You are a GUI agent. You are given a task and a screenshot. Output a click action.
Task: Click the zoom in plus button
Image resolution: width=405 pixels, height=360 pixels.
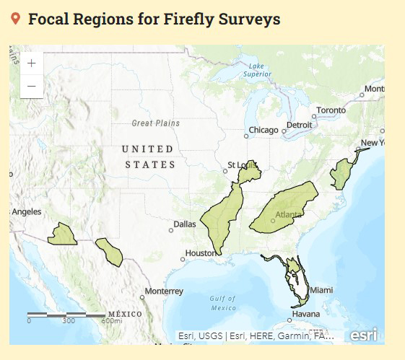tap(32, 63)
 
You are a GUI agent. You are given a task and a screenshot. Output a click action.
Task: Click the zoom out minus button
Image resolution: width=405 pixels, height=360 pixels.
tap(32, 86)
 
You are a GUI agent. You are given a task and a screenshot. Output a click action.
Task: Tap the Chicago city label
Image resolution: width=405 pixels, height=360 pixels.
tap(263, 131)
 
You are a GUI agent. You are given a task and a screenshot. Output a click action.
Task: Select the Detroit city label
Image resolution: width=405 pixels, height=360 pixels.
tap(299, 125)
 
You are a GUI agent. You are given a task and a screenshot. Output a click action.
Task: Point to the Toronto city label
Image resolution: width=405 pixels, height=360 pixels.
tap(331, 110)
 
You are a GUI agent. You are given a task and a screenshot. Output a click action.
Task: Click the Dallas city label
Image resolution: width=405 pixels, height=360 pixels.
tap(185, 224)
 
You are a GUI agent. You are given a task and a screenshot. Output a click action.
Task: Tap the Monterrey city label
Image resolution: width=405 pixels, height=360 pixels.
tap(164, 291)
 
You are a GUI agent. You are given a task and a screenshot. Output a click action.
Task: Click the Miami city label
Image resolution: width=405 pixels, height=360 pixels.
tap(321, 290)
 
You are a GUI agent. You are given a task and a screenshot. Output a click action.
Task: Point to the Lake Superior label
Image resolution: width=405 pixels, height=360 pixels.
tap(257, 70)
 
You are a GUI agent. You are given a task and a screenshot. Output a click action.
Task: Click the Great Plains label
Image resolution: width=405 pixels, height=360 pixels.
tap(155, 123)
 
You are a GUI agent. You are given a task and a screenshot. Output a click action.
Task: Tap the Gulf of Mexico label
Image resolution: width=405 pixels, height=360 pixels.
tap(223, 303)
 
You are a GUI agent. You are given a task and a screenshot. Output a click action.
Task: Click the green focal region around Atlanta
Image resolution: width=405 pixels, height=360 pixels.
tap(285, 209)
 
